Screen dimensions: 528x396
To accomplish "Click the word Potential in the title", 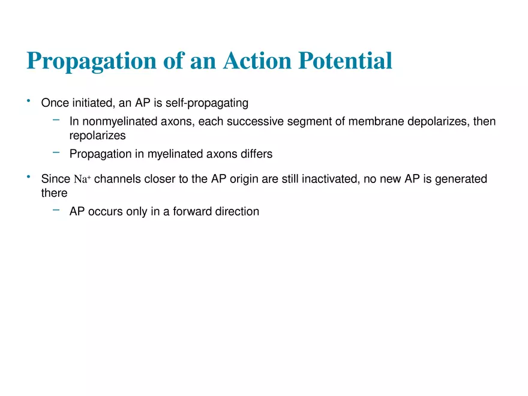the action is (x=345, y=61).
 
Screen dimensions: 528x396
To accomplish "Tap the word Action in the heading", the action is (x=257, y=61).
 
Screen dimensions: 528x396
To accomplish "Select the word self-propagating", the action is (x=207, y=103).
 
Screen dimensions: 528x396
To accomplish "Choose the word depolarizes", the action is (x=438, y=122).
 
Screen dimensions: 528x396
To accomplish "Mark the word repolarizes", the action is (x=97, y=136).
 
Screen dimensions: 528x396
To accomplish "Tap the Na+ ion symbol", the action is (x=82, y=179).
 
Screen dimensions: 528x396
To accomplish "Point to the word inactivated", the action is (x=329, y=179).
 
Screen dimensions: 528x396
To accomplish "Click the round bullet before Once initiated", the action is (x=29, y=101).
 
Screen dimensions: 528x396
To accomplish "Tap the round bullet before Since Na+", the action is (x=29, y=176).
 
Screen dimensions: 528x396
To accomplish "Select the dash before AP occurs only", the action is (x=56, y=210).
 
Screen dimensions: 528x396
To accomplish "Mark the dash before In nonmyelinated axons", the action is (x=56, y=120).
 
